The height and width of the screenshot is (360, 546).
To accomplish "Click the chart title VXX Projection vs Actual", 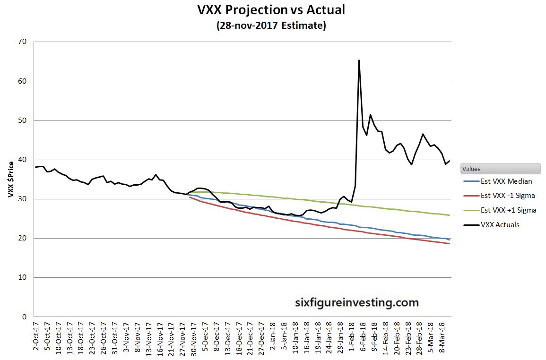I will click(x=271, y=9).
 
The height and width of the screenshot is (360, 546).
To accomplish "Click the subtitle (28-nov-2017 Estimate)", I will click(x=271, y=26).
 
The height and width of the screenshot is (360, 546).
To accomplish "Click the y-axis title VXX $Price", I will click(x=10, y=179).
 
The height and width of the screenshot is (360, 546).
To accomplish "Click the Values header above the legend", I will click(x=473, y=169).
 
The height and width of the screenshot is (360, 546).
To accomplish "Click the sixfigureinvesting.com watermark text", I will click(x=356, y=302).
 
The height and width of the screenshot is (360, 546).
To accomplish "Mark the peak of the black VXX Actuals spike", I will click(x=359, y=60).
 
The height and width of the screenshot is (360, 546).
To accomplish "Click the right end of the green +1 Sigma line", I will click(x=449, y=215).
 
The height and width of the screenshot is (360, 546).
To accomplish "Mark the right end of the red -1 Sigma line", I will click(x=449, y=244).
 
